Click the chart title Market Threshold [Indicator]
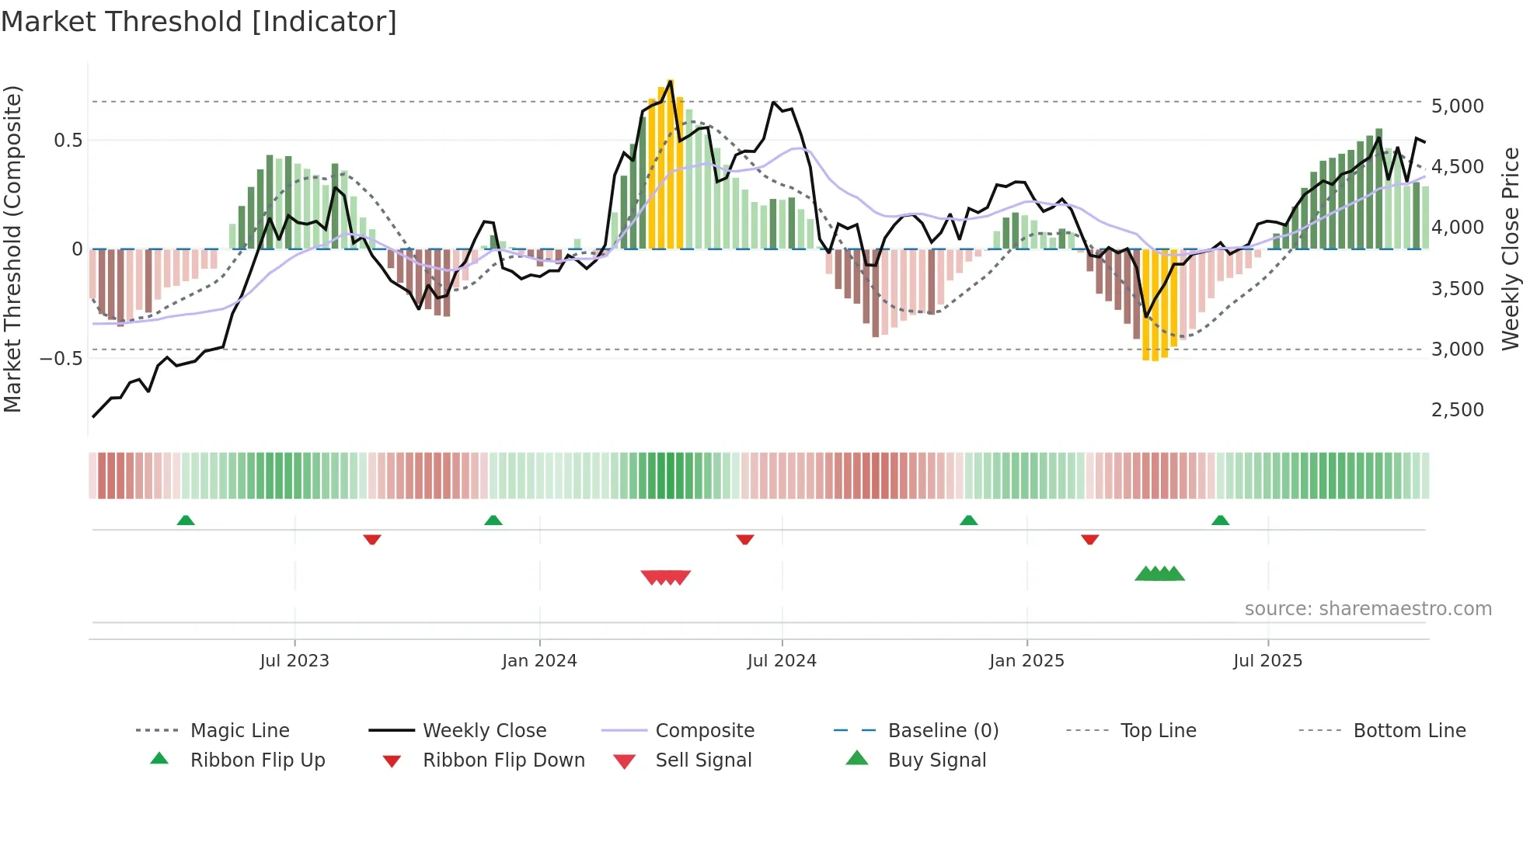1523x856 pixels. tap(199, 22)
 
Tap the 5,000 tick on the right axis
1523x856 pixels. tap(1457, 106)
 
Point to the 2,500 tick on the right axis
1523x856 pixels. tap(1457, 410)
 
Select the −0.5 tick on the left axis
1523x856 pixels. tap(61, 359)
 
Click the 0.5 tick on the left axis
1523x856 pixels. tap(68, 141)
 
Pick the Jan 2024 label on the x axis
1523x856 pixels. tap(539, 661)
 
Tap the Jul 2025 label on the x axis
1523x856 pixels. tap(1267, 661)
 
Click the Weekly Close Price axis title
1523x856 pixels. tap(1510, 249)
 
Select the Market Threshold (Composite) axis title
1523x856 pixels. tap(12, 249)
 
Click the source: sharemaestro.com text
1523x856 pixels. tap(1368, 609)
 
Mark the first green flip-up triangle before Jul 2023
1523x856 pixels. tap(186, 520)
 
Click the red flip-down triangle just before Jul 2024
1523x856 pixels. tap(745, 539)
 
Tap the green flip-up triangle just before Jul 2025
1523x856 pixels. tap(1220, 520)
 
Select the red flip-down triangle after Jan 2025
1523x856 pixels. tap(1089, 539)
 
